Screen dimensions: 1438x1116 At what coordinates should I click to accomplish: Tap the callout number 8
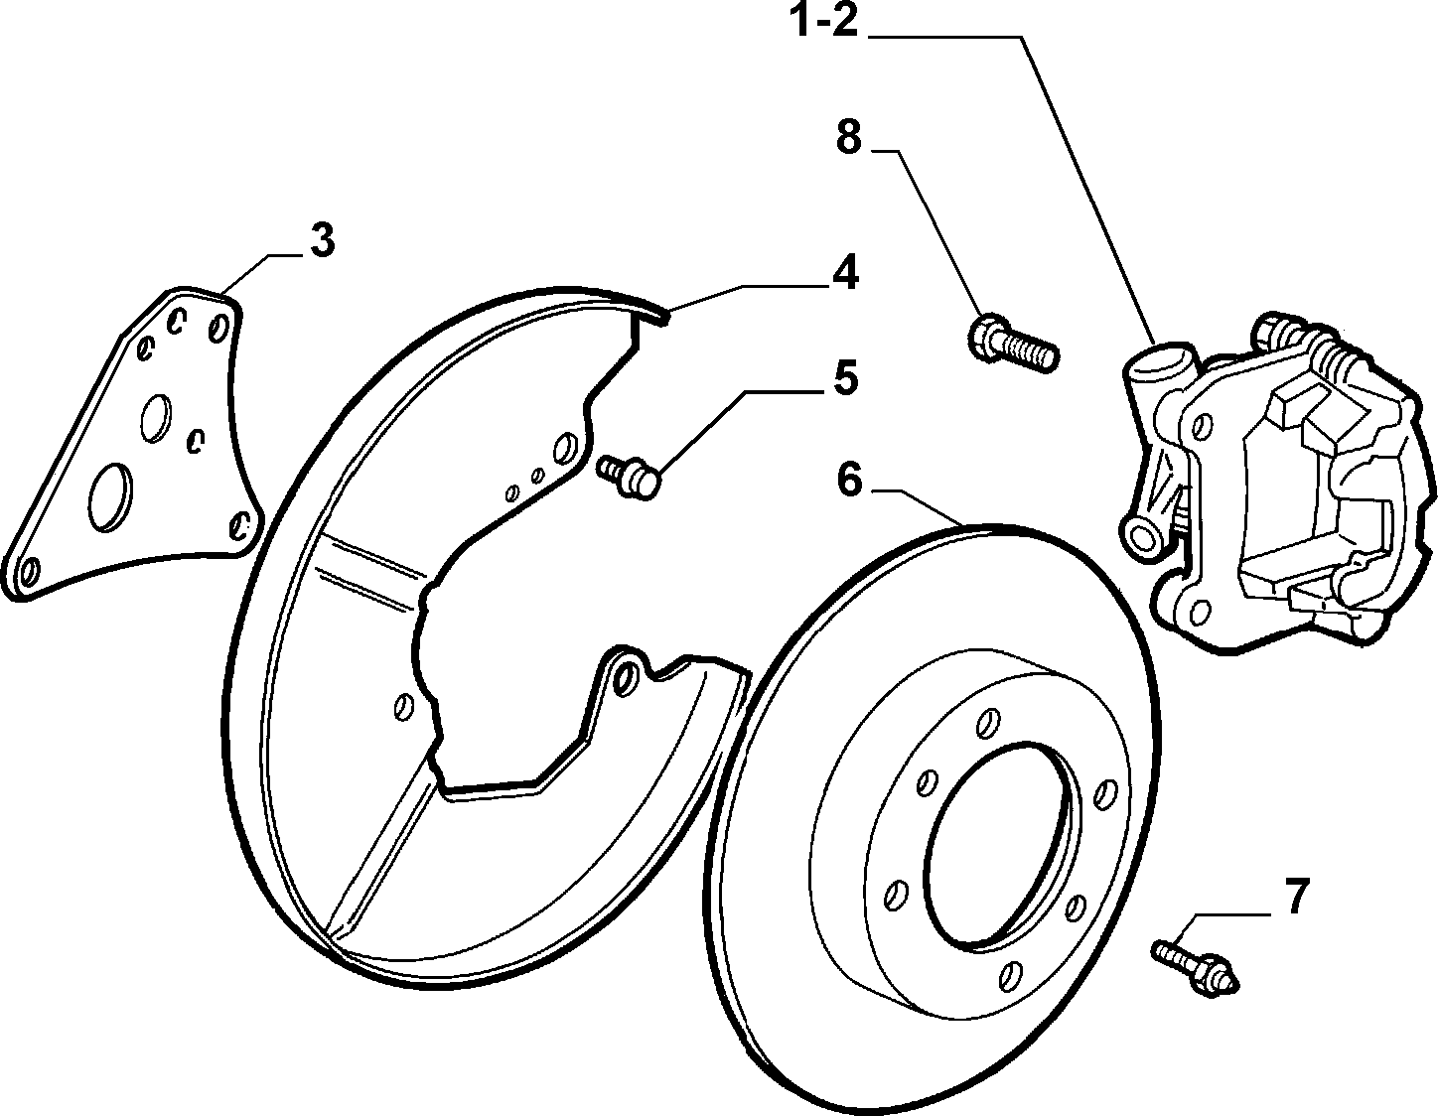coord(849,138)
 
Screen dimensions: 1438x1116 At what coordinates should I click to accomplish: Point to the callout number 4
coord(846,272)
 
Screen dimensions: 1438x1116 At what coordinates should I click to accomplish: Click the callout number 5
coord(846,378)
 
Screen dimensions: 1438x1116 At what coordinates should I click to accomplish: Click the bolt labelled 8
coord(1013,343)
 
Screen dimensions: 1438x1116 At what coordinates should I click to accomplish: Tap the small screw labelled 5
coord(629,475)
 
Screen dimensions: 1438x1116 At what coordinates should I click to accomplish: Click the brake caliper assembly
coord(1276,483)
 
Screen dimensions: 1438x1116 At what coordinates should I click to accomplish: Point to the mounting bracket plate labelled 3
coord(132,443)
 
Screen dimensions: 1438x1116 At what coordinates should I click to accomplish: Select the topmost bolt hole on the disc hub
coord(988,723)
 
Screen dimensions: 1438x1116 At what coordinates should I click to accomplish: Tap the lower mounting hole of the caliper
coord(1199,612)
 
